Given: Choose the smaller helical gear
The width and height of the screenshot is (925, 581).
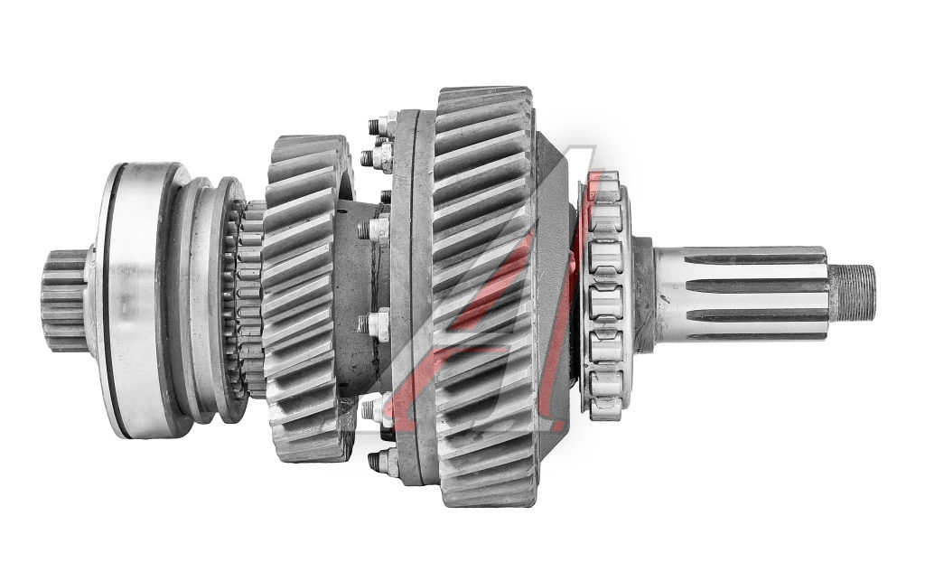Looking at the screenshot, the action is click(x=308, y=298).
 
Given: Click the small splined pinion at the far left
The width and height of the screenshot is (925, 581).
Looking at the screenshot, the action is click(x=64, y=300).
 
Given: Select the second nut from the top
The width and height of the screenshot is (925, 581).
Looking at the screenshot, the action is click(x=378, y=156).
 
